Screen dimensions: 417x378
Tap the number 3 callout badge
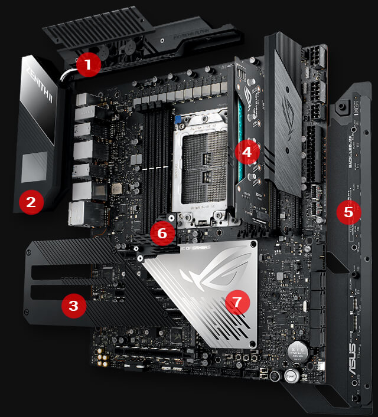coord(73,305)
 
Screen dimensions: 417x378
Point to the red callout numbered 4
coord(246,152)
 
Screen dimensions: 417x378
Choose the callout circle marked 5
coord(348,212)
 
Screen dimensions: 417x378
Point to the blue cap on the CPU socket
coord(177,119)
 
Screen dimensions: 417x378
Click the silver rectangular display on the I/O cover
coord(34,166)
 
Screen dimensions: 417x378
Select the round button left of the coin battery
coord(274,376)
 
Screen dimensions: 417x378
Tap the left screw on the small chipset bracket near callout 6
coord(141,258)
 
